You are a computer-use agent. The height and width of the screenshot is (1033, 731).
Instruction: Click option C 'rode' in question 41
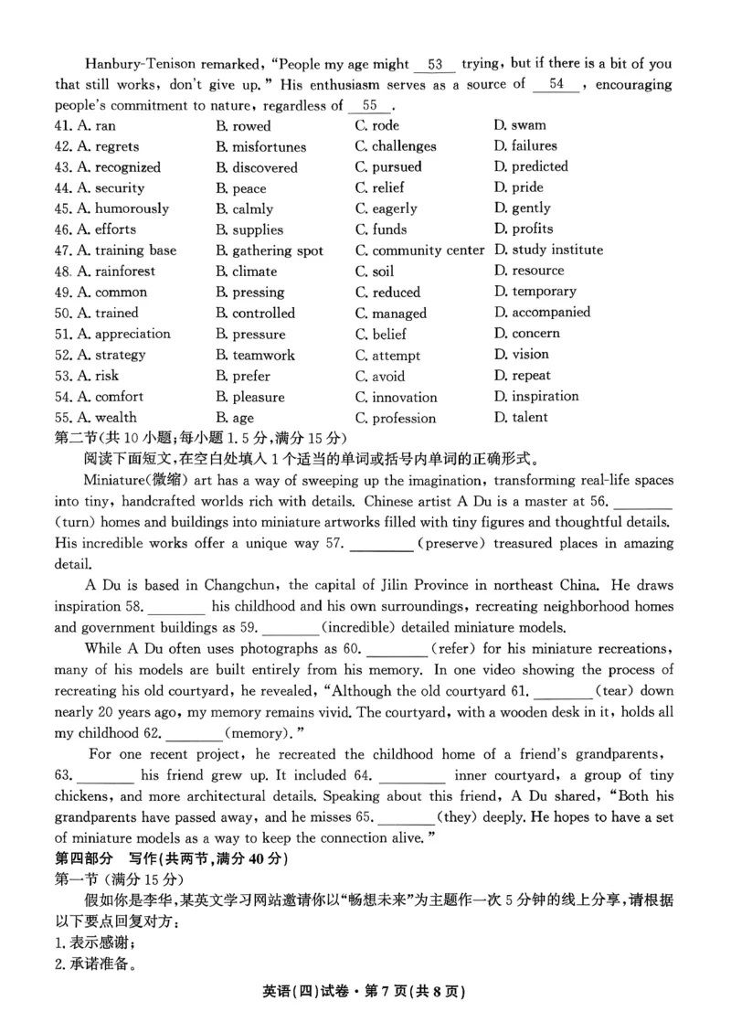click(x=376, y=125)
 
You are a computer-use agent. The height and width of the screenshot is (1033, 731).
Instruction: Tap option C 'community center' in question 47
click(x=419, y=250)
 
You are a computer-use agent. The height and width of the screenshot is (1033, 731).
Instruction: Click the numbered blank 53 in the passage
click(x=435, y=65)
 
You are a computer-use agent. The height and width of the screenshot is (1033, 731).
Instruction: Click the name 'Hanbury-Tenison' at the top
click(x=140, y=65)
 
